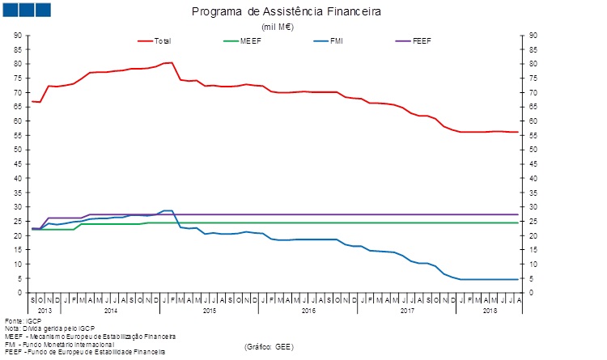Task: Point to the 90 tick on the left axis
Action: click(17, 36)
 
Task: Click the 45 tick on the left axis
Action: click(17, 164)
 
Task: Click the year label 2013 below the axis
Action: click(45, 310)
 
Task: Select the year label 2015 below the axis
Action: click(210, 310)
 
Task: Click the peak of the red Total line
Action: click(171, 62)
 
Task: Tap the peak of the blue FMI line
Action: click(168, 210)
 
